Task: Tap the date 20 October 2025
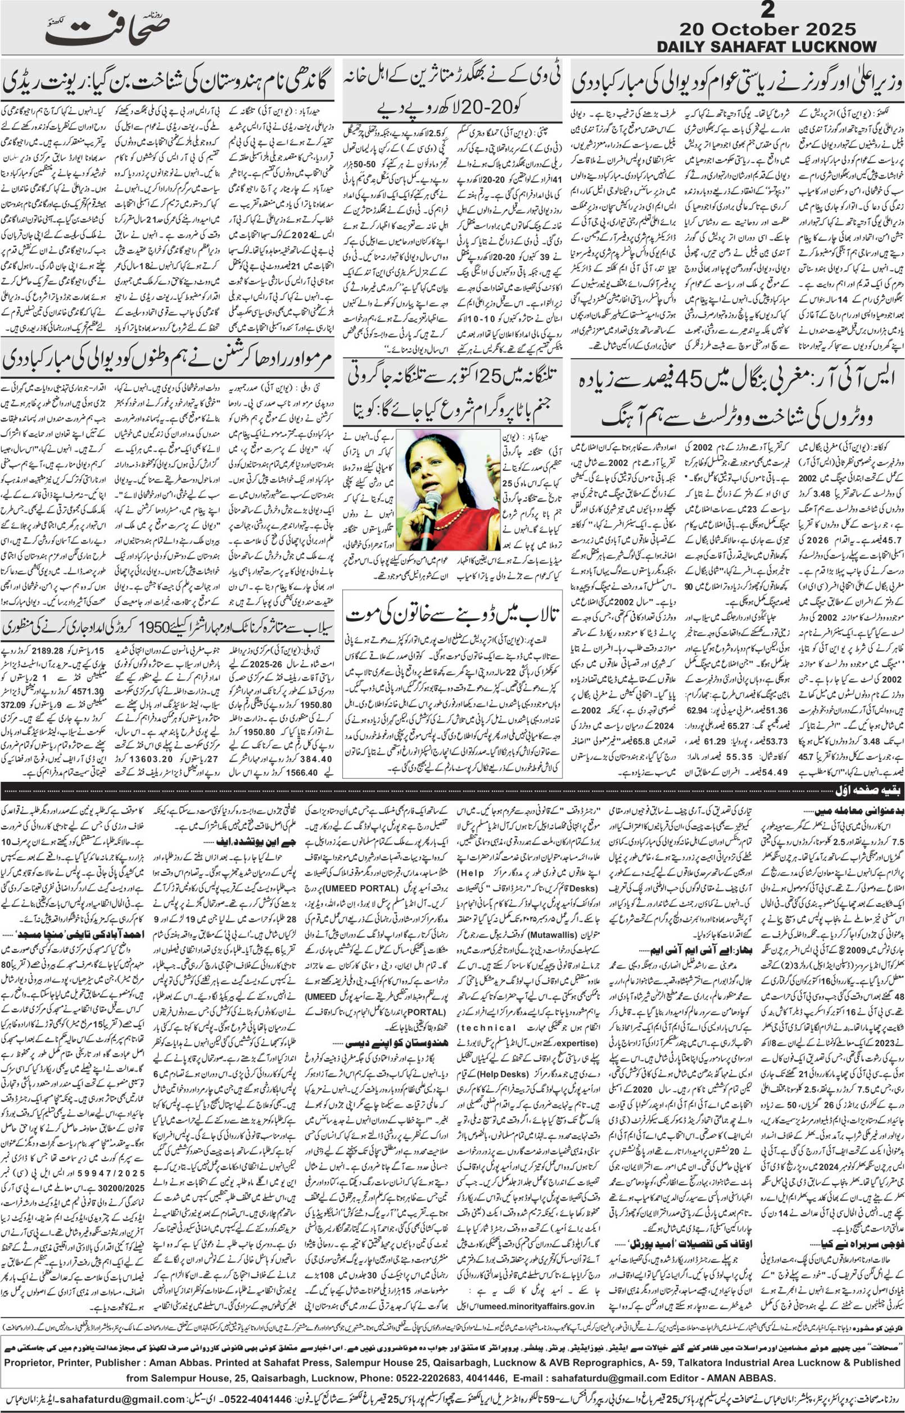[x=767, y=29]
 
